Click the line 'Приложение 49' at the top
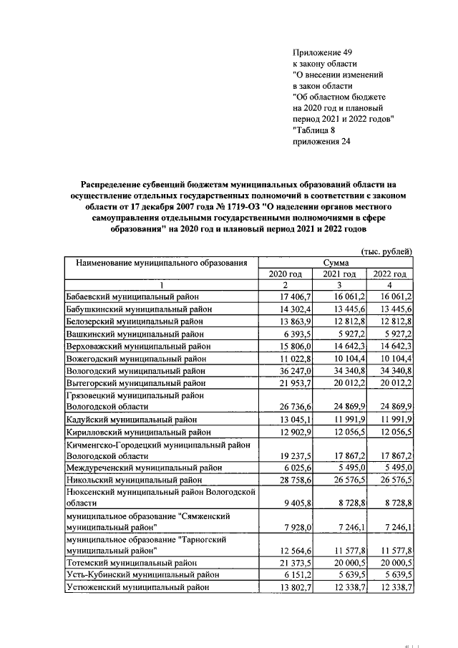323,52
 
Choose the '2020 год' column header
286,274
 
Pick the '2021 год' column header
338,274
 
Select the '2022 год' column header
389,274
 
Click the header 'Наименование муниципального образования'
161,263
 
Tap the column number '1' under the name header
161,284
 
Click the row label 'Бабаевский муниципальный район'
132,296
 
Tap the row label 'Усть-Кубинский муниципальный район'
137,575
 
